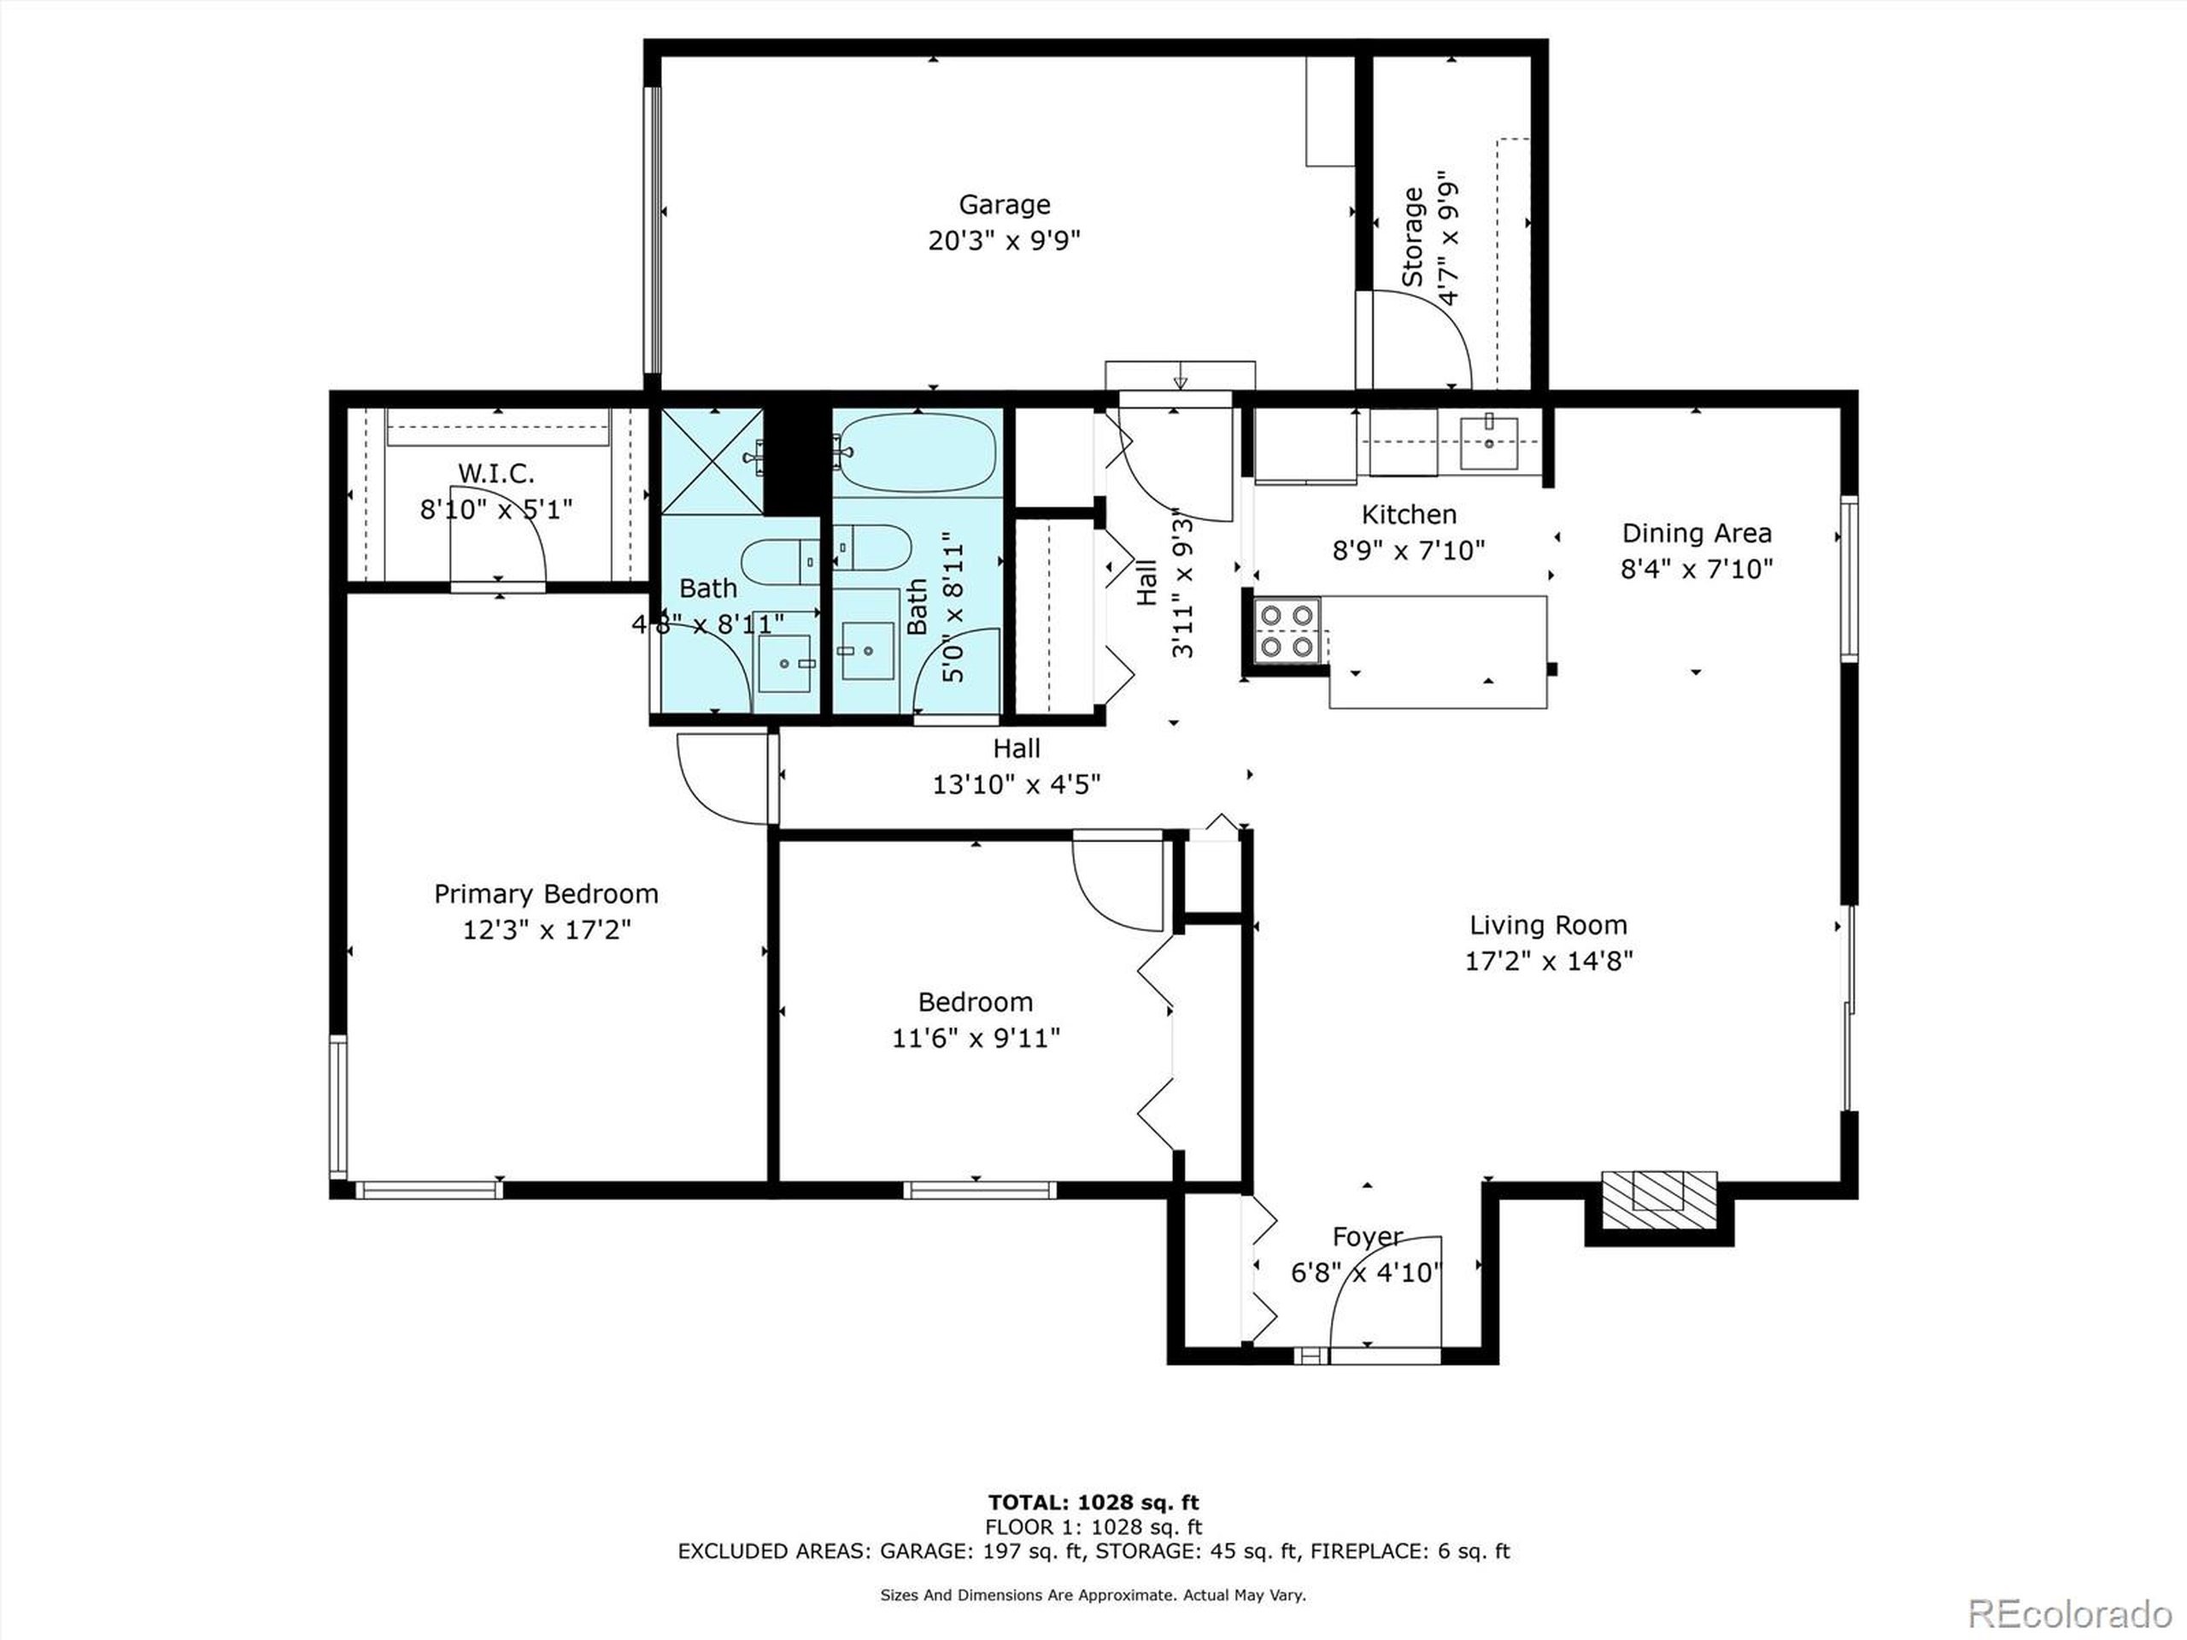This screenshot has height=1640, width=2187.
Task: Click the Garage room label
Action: [1004, 205]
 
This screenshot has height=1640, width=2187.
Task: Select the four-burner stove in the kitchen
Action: [1287, 630]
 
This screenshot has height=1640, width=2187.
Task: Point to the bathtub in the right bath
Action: [917, 452]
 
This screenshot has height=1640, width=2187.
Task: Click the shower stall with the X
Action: [711, 460]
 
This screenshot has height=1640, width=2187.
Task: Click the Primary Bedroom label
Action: [546, 893]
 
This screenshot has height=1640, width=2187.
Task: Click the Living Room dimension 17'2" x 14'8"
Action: [1547, 961]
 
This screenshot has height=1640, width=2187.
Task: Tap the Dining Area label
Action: [1696, 534]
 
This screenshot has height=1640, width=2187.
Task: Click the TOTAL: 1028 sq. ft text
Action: [1093, 1503]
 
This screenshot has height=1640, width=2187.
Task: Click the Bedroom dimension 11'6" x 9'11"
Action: [975, 1038]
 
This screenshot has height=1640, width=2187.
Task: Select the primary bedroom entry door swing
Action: [722, 777]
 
